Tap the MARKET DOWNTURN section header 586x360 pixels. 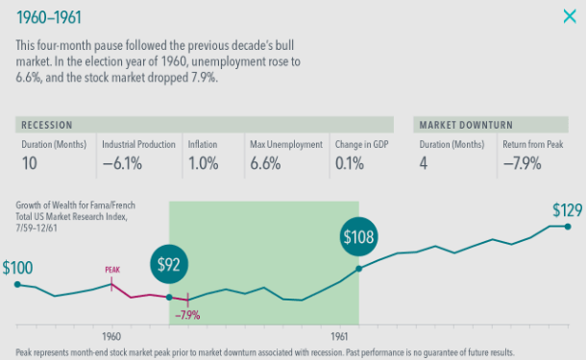(464, 125)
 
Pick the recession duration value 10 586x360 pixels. (31, 163)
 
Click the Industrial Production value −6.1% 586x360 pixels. (123, 163)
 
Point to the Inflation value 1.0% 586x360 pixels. (204, 163)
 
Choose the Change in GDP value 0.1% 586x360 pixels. (351, 163)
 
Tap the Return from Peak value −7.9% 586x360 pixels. (522, 163)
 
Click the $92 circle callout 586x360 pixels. (169, 264)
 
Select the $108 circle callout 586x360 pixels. (359, 235)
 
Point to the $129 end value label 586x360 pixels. (568, 209)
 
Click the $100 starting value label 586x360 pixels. (18, 268)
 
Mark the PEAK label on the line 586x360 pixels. (114, 271)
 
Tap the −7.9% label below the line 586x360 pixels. (187, 314)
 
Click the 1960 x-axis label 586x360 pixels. (110, 337)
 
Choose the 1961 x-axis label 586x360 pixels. (339, 337)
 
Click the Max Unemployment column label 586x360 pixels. (285, 144)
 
